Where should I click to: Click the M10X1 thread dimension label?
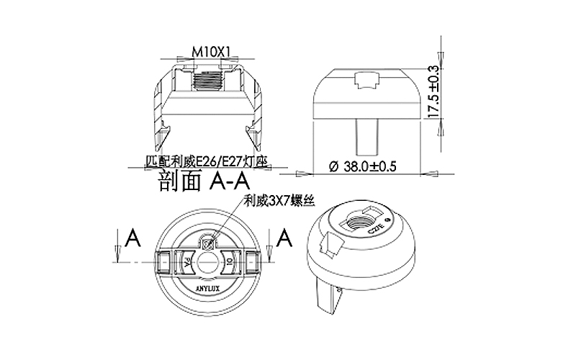click(211, 52)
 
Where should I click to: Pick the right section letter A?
click(285, 235)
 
